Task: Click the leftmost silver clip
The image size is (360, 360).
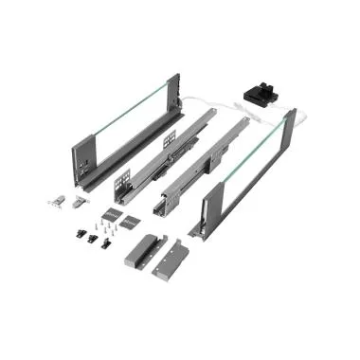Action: (x=55, y=200)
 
